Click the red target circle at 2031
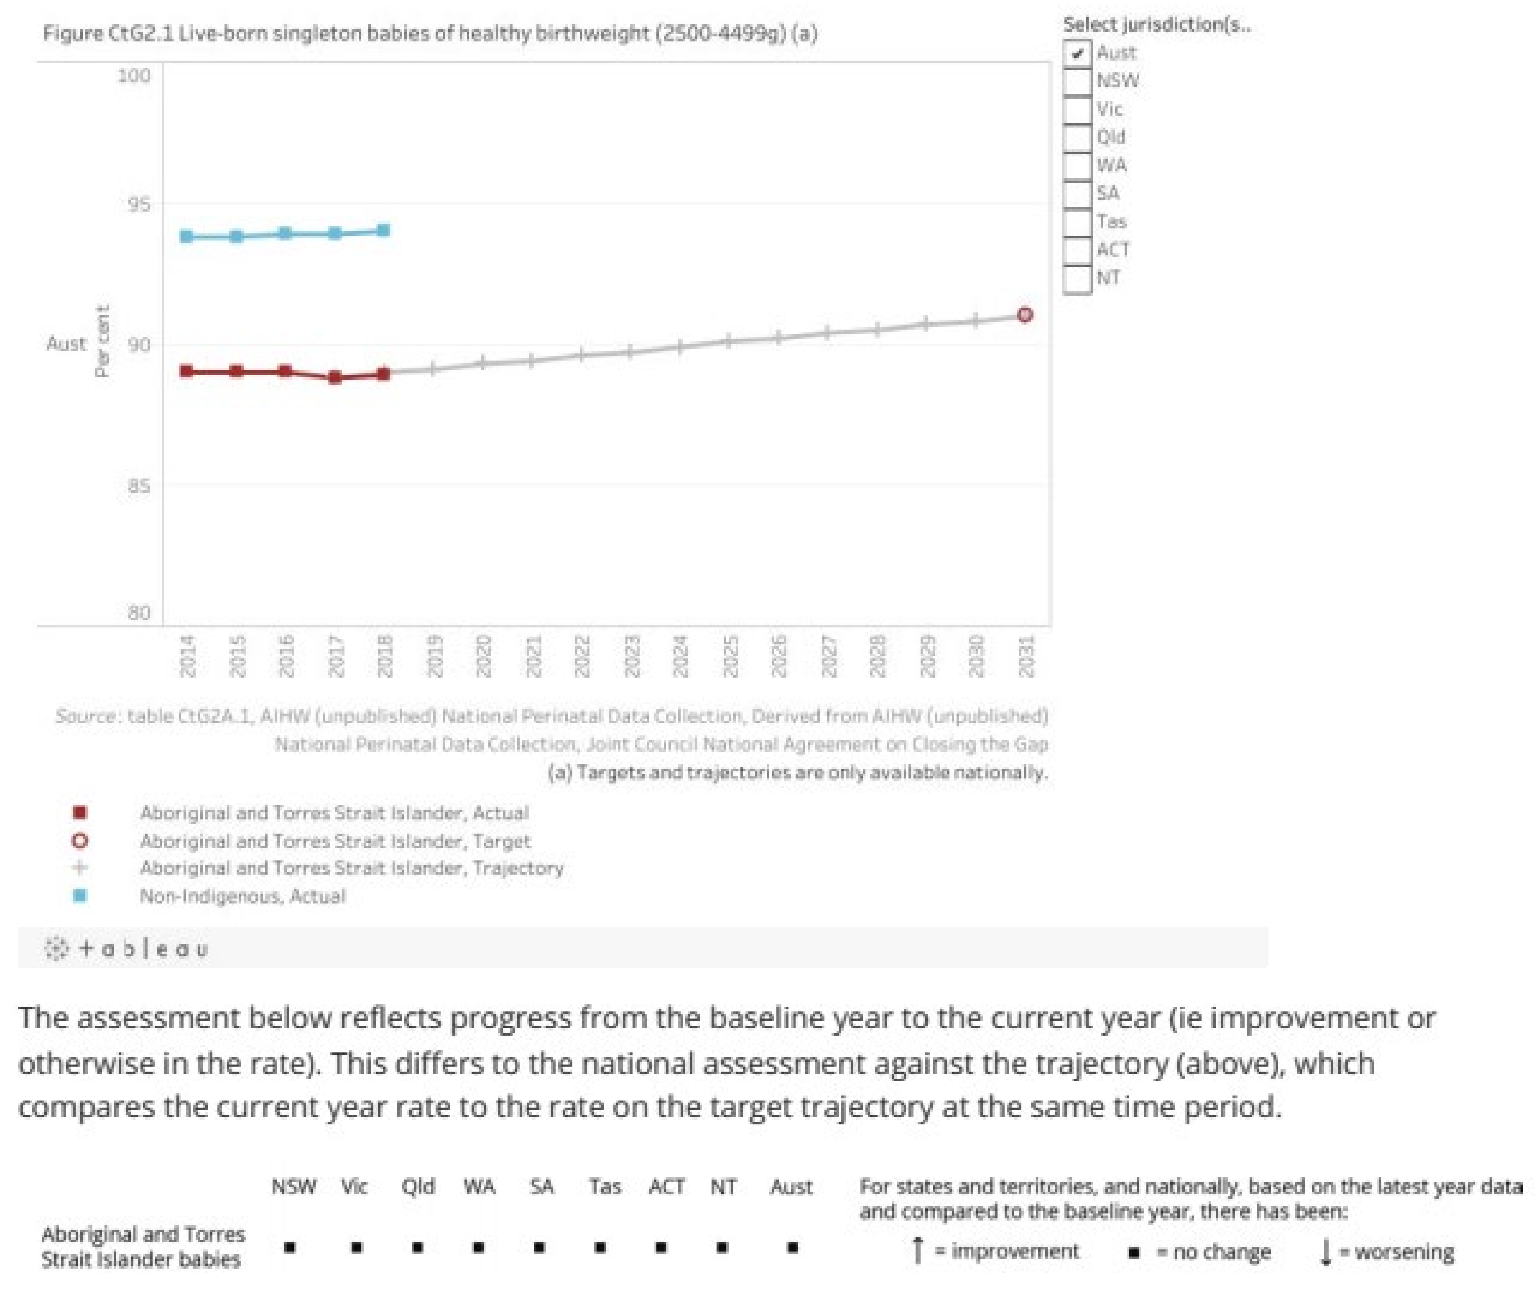coord(1025,315)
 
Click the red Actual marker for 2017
coord(334,378)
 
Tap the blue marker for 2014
coord(186,236)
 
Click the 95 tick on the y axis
coord(139,203)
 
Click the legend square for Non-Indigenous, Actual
coord(80,895)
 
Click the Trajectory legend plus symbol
coord(80,868)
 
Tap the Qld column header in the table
coord(418,1186)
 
